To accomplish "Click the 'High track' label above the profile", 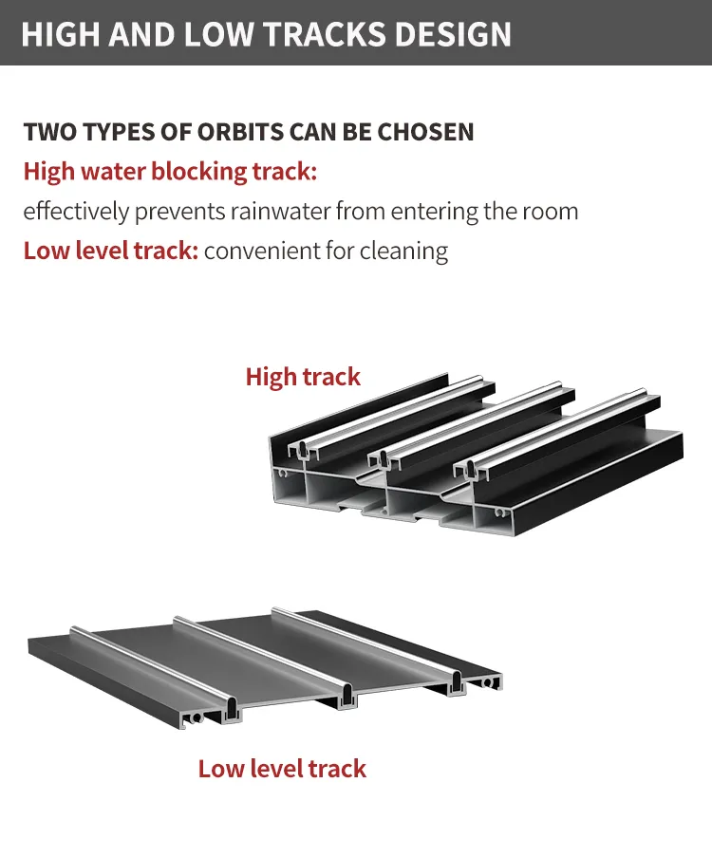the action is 303,377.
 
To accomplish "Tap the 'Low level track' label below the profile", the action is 282,769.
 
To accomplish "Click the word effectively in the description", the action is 76,212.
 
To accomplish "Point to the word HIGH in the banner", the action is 61,34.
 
